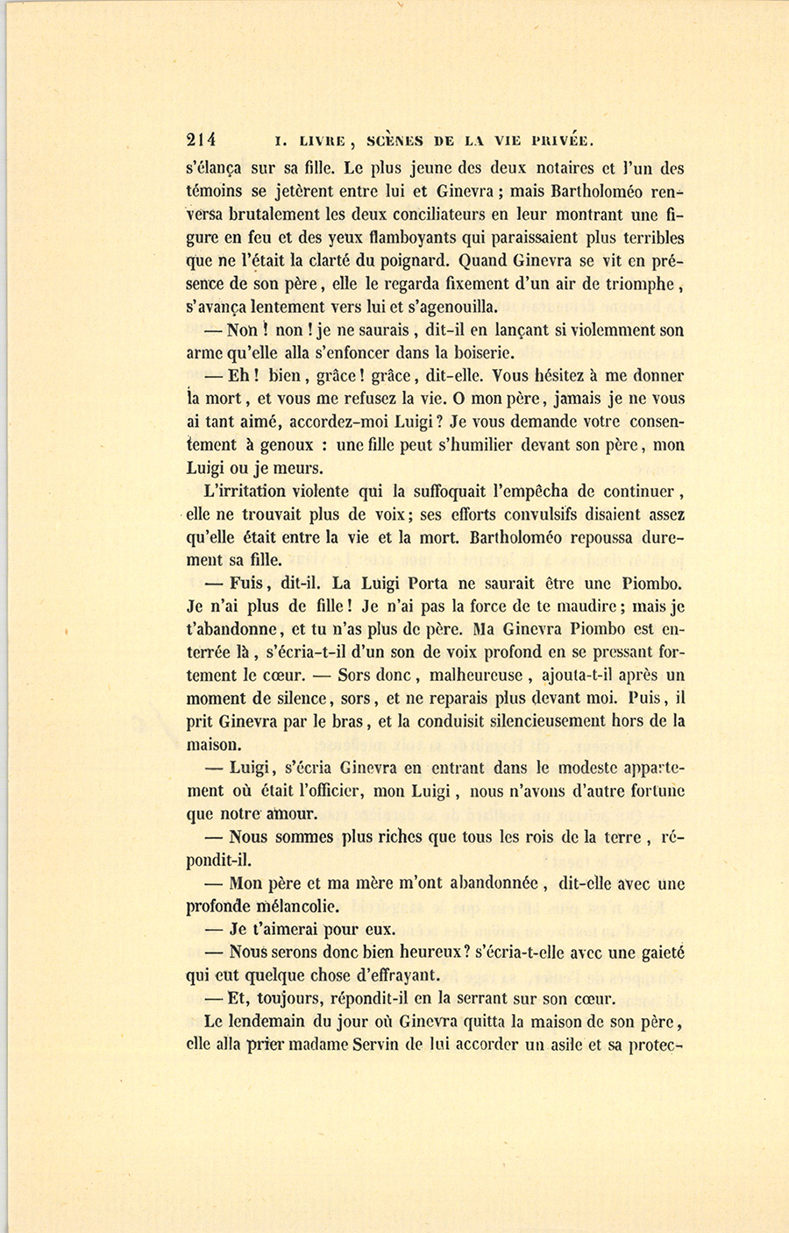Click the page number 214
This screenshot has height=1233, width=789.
[x=201, y=138]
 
